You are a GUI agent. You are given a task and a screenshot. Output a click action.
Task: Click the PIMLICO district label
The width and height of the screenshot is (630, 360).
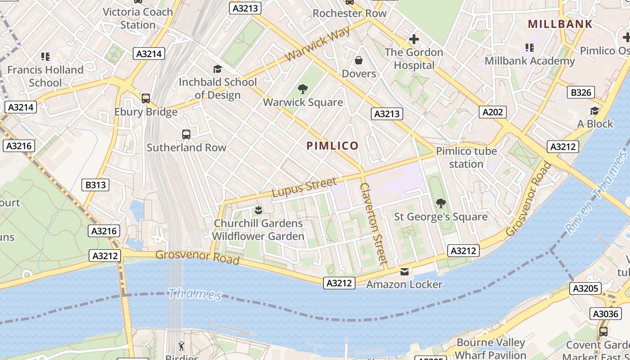[333, 146]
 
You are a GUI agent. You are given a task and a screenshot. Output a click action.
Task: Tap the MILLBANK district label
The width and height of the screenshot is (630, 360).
[560, 24]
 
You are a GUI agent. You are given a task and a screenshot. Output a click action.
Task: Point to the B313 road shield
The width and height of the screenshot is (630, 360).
[95, 185]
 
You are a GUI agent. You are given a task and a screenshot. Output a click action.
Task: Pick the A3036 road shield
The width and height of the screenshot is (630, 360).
[605, 314]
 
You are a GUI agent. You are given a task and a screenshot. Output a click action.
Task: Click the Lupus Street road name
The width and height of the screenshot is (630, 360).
[304, 187]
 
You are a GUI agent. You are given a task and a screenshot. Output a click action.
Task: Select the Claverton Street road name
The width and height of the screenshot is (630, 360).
[374, 223]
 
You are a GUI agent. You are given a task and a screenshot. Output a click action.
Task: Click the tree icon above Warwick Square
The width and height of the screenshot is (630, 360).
[303, 89]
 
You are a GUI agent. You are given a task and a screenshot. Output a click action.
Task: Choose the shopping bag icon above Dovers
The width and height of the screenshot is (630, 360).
[359, 60]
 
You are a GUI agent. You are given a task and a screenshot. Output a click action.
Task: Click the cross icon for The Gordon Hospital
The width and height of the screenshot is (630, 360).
[414, 39]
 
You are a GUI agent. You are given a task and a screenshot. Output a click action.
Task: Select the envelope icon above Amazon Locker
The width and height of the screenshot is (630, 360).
[404, 271]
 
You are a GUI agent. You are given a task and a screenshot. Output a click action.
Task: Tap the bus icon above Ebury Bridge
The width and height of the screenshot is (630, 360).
[146, 99]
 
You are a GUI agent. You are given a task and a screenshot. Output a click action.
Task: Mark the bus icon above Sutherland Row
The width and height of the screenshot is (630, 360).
[186, 134]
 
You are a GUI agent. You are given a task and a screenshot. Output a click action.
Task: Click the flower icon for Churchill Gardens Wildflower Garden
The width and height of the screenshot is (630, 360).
[258, 210]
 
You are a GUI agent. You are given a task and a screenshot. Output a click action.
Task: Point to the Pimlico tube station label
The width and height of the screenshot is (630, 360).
[466, 157]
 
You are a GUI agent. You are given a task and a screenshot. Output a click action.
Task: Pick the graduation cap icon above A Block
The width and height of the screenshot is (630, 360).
[594, 111]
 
